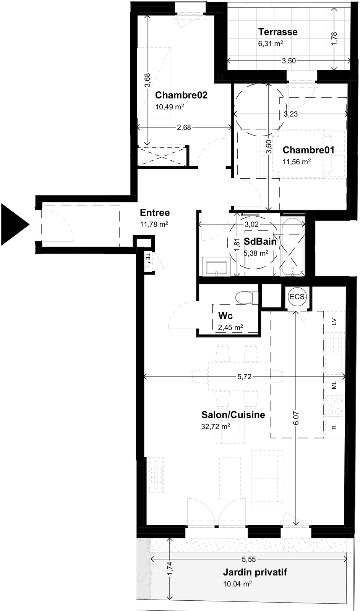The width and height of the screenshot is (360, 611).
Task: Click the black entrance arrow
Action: pyautogui.click(x=14, y=225)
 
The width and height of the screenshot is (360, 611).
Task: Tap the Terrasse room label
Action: pyautogui.click(x=278, y=32)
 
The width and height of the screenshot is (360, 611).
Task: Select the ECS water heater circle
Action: pyautogui.click(x=297, y=296)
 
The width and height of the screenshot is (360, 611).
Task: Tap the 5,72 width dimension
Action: pyautogui.click(x=244, y=377)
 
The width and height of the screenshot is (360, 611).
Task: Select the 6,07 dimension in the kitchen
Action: pyautogui.click(x=297, y=418)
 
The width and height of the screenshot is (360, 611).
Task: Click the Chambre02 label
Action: pyautogui.click(x=181, y=95)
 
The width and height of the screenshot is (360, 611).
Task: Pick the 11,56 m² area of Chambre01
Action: pyautogui.click(x=297, y=162)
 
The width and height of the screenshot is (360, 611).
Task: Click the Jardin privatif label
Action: pyautogui.click(x=255, y=572)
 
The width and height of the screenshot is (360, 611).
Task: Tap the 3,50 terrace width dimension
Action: pyautogui.click(x=289, y=61)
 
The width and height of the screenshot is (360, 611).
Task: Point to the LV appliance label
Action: pyautogui.click(x=334, y=322)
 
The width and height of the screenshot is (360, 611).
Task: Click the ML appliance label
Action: pyautogui.click(x=334, y=385)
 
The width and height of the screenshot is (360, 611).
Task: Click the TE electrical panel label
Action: pyautogui.click(x=148, y=257)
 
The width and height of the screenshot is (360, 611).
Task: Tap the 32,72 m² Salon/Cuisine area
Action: pyautogui.click(x=215, y=426)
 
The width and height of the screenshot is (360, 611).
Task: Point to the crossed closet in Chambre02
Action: pyautogui.click(x=162, y=157)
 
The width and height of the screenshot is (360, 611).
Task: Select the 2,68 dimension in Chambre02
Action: pyautogui.click(x=184, y=128)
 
